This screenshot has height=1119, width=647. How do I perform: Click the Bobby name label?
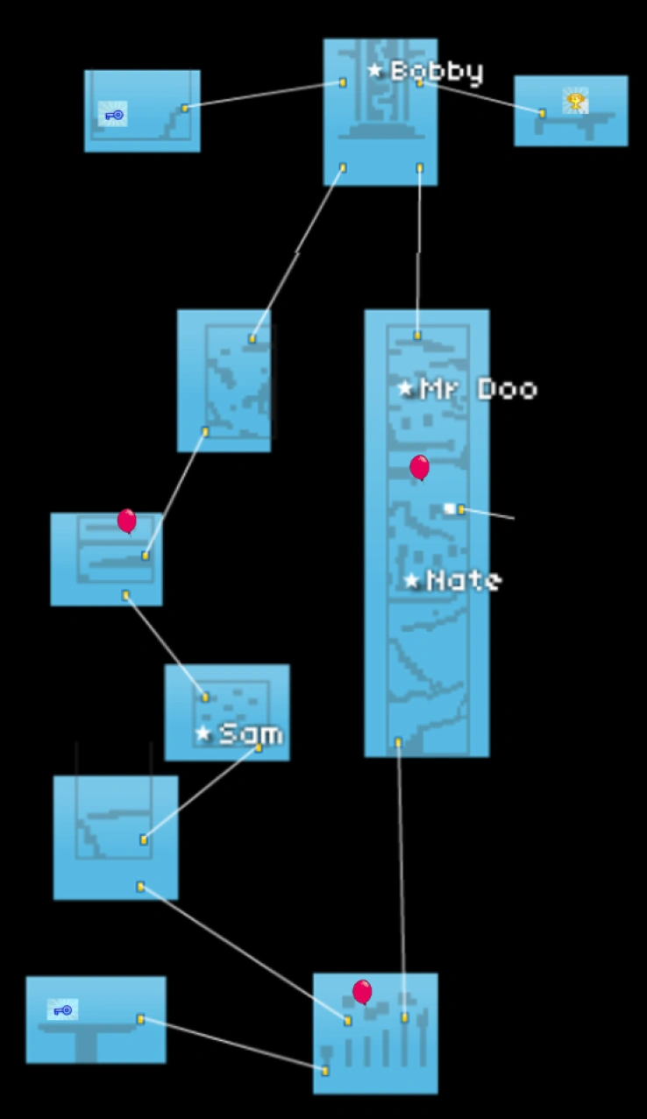point(437,72)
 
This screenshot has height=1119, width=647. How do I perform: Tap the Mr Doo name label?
point(478,389)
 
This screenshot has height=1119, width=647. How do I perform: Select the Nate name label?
point(464,580)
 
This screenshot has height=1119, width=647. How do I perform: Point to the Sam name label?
point(250,733)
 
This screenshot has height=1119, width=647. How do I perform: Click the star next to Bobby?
point(375,70)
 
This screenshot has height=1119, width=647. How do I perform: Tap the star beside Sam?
point(203,733)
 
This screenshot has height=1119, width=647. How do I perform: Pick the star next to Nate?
point(411,580)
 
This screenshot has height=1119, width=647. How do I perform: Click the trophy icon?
point(575,102)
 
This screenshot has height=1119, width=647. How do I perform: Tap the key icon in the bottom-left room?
point(63,1010)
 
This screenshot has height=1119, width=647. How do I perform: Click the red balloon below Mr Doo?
point(420,467)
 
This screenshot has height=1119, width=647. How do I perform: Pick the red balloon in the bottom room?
point(362,991)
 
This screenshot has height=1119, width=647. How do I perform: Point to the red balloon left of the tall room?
point(127,521)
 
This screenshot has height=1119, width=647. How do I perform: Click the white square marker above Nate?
point(450,508)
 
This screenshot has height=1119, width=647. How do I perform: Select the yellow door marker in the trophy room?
point(542,113)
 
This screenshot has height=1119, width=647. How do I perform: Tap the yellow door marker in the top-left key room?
point(185,108)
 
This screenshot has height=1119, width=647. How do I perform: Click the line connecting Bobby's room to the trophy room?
point(482,97)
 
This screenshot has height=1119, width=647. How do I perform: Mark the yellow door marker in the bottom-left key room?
point(140,1018)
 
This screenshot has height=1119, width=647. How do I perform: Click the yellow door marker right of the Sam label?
point(259,747)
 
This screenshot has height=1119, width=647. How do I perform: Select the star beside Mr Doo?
point(405,388)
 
